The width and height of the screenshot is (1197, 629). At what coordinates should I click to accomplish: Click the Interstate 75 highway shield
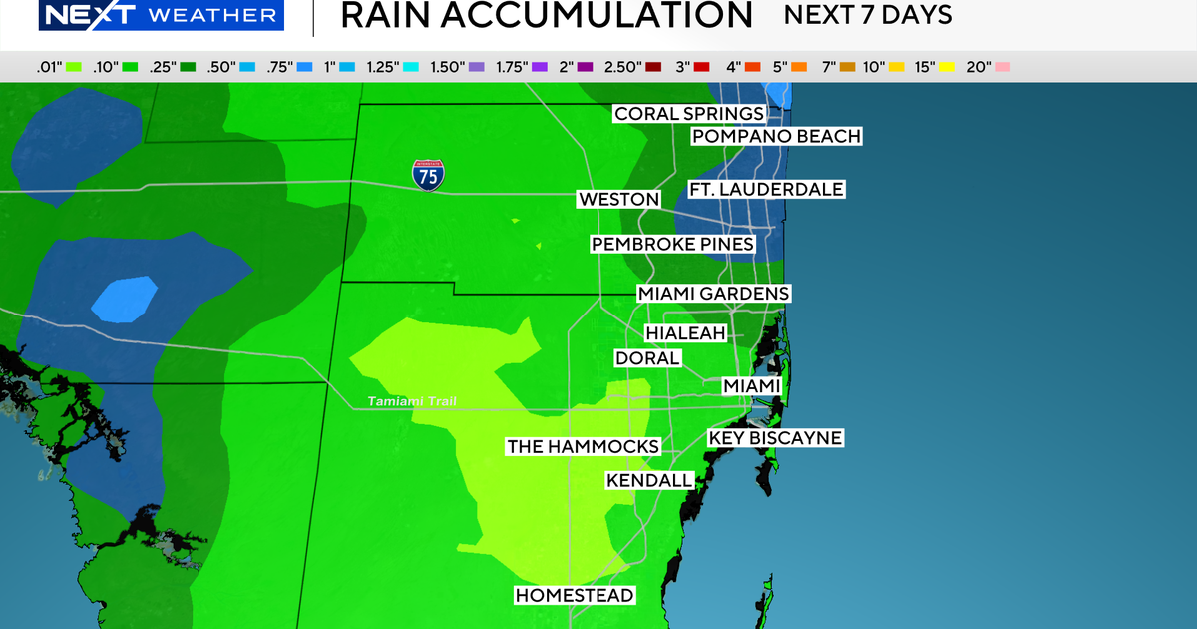coord(426,175)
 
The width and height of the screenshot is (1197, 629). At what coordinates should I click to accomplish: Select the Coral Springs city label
coord(689,114)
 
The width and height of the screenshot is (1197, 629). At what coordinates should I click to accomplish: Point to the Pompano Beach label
coord(776,136)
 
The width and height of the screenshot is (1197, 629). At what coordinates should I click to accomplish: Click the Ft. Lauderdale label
coord(766,189)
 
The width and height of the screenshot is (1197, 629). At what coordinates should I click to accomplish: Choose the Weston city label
coord(618,200)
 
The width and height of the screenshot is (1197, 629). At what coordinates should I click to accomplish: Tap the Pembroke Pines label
coord(672,244)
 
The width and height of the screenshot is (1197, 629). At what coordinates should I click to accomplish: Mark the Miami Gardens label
coord(714,294)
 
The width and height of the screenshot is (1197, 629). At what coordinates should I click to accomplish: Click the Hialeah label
coord(685,333)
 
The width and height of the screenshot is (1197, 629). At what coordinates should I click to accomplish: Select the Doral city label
coord(647,357)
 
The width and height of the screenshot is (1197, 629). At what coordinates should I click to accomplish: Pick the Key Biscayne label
coord(775,438)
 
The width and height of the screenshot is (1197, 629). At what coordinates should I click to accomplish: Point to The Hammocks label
coord(583,446)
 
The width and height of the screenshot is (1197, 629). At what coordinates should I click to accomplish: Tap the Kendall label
coord(649,481)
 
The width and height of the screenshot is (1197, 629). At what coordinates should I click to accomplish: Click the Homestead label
coord(574,596)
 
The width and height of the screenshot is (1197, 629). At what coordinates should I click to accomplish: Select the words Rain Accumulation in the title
coord(546,16)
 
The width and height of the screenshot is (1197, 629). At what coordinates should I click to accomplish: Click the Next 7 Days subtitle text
coord(867,16)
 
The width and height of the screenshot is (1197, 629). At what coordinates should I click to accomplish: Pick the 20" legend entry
coord(988,67)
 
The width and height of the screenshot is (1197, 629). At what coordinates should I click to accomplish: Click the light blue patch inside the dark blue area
coord(125,299)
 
